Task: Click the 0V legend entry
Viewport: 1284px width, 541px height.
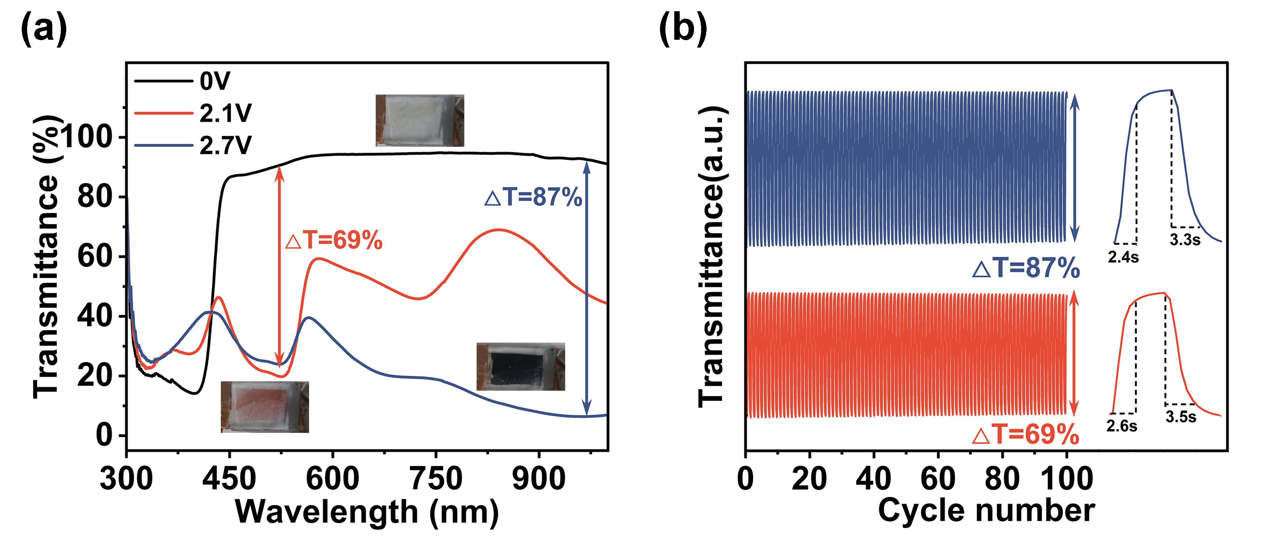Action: [x=215, y=81]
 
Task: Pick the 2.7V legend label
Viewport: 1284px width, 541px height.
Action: [x=225, y=145]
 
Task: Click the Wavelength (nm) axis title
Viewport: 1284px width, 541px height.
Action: [x=367, y=512]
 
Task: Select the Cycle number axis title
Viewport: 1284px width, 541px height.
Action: [x=986, y=511]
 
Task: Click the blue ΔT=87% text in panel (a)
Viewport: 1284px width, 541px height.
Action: [x=533, y=197]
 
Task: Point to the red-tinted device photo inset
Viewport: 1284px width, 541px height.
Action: [x=265, y=407]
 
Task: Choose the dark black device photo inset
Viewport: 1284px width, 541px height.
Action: [x=520, y=366]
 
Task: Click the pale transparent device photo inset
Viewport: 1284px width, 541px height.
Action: [x=420, y=121]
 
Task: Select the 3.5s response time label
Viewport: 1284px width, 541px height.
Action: [x=1181, y=417]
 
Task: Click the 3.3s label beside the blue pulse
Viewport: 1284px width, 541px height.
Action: [x=1185, y=240]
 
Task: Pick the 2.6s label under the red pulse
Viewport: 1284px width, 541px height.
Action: [x=1122, y=426]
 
